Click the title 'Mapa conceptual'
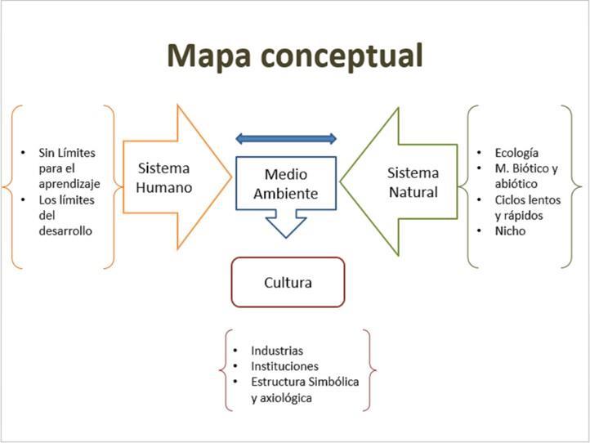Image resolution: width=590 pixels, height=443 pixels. pyautogui.click(x=295, y=56)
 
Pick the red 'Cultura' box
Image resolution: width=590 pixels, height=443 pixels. pyautogui.click(x=288, y=282)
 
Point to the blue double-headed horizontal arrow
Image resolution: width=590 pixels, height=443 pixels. pyautogui.click(x=285, y=138)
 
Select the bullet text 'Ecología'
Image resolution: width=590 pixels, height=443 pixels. pyautogui.click(x=516, y=153)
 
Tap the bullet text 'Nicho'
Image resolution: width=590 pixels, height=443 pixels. pyautogui.click(x=510, y=230)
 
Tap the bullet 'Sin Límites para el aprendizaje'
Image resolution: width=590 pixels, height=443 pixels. pyautogui.click(x=68, y=168)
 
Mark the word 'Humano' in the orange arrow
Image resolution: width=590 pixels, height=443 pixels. pyautogui.click(x=164, y=187)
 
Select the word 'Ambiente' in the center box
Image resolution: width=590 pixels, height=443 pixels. pyautogui.click(x=285, y=194)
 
